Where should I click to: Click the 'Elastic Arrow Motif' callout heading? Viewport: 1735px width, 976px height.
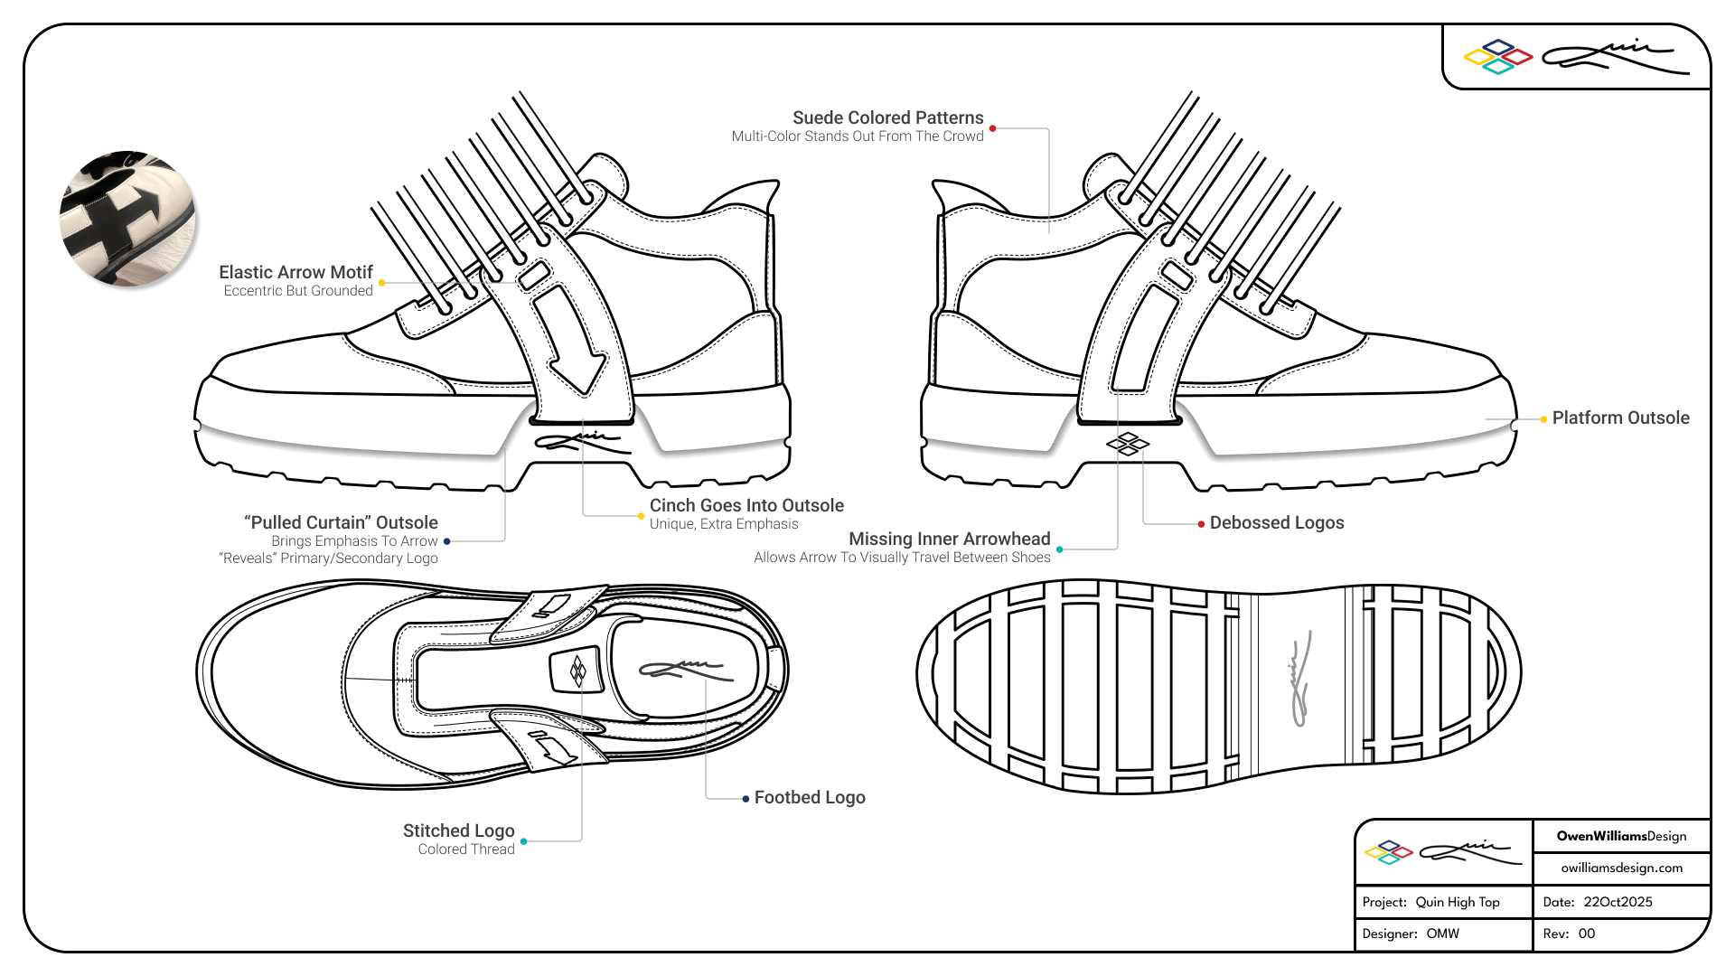295,272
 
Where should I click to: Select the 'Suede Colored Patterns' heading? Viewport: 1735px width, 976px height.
887,117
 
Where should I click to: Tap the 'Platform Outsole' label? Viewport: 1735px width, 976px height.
1620,418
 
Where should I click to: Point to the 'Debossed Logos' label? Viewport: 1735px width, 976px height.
1276,522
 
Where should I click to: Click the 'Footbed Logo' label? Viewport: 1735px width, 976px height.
809,797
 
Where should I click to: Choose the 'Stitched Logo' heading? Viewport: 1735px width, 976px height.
458,831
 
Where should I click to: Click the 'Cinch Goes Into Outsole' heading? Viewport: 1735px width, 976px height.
746,505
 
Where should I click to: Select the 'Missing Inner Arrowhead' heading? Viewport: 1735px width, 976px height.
949,539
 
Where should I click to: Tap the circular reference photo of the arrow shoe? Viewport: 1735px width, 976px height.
127,219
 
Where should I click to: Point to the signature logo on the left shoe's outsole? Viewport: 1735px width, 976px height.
582,442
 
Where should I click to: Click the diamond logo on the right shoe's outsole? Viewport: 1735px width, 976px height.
1128,444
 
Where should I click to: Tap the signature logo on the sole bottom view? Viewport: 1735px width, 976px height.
1299,684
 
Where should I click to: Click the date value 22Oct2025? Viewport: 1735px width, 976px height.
1618,902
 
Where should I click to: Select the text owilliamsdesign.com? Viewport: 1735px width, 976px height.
1621,868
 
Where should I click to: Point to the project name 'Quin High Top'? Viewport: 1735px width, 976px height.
1457,902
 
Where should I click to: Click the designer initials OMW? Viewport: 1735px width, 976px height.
1442,934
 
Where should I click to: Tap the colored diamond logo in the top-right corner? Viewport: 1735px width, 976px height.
1497,57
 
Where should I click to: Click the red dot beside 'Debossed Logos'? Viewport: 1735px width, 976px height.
1201,524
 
